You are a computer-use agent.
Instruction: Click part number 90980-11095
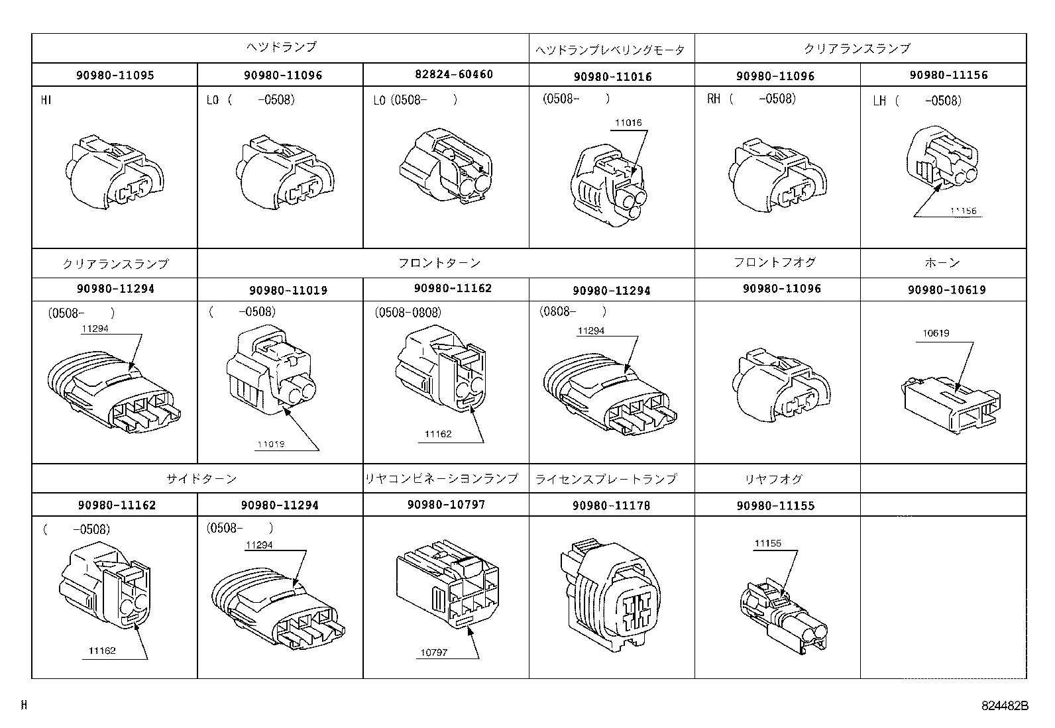pyautogui.click(x=115, y=75)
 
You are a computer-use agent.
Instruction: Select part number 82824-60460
pyautogui.click(x=446, y=74)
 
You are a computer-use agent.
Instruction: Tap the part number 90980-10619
pyautogui.click(x=942, y=289)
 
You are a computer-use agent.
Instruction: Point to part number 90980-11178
pyautogui.click(x=611, y=505)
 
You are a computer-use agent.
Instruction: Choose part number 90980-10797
pyautogui.click(x=446, y=504)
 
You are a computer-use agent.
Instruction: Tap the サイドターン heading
pyautogui.click(x=201, y=478)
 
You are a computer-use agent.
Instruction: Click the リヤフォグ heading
pyautogui.click(x=773, y=478)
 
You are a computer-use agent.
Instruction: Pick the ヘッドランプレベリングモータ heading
pyautogui.click(x=610, y=50)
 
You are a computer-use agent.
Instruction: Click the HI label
pyautogui.click(x=46, y=100)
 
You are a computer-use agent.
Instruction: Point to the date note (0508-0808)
pyautogui.click(x=408, y=312)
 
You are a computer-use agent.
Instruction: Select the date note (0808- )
pyautogui.click(x=574, y=311)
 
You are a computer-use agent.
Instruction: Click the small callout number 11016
pyautogui.click(x=628, y=123)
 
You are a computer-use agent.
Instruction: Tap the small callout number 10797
pyautogui.click(x=433, y=652)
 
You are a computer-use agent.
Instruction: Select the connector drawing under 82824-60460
pyautogui.click(x=446, y=166)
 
